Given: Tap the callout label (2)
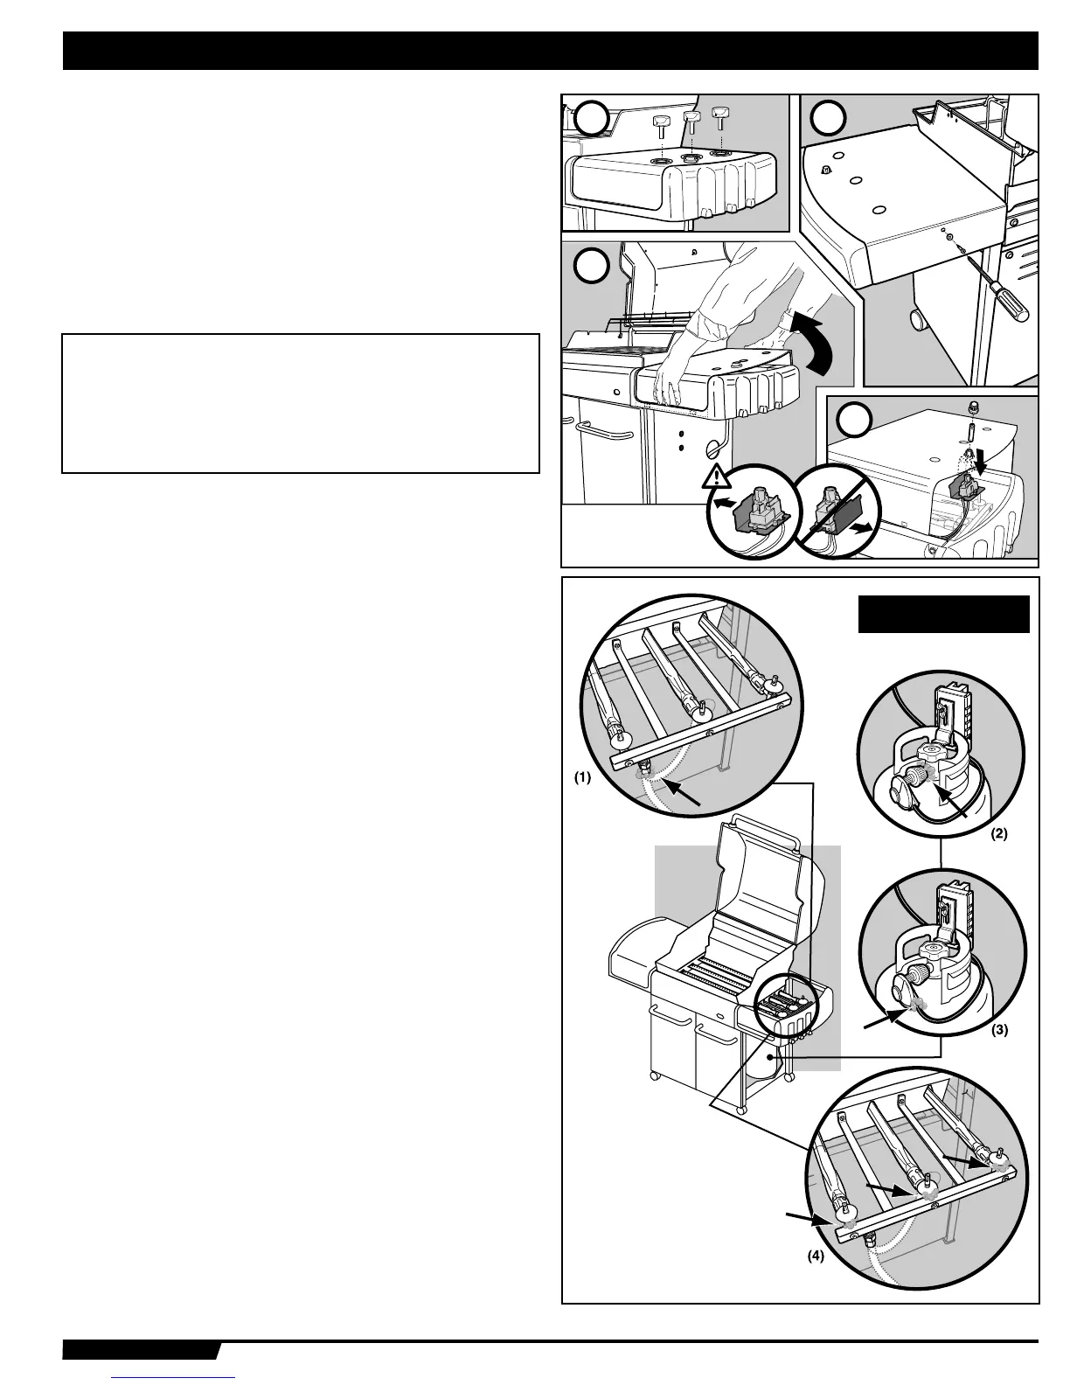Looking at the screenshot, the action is pos(998,833).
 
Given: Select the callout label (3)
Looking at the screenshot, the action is pos(998,1030).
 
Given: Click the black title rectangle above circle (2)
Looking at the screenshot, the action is pos(943,614).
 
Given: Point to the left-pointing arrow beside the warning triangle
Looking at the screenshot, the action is pos(725,504).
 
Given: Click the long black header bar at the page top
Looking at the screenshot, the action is pos(550,51).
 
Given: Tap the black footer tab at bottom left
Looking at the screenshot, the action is pos(140,1351).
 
